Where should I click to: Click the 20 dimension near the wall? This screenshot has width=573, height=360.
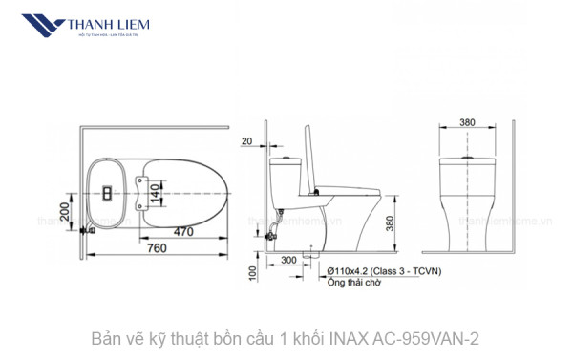[246, 142]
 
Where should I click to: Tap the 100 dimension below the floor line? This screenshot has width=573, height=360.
[251, 272]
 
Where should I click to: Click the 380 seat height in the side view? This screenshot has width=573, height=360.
[390, 222]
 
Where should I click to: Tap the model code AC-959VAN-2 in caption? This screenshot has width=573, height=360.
[426, 339]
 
